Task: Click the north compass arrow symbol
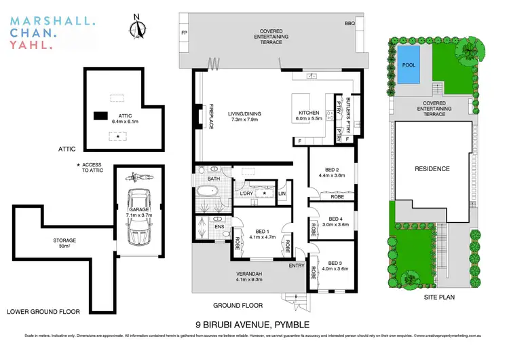[x=138, y=29]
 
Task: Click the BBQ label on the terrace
[x=350, y=23]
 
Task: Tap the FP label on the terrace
[x=184, y=32]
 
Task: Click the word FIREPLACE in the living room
[x=211, y=120]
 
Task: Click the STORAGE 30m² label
[x=65, y=243]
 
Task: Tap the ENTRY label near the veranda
[x=296, y=266]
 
